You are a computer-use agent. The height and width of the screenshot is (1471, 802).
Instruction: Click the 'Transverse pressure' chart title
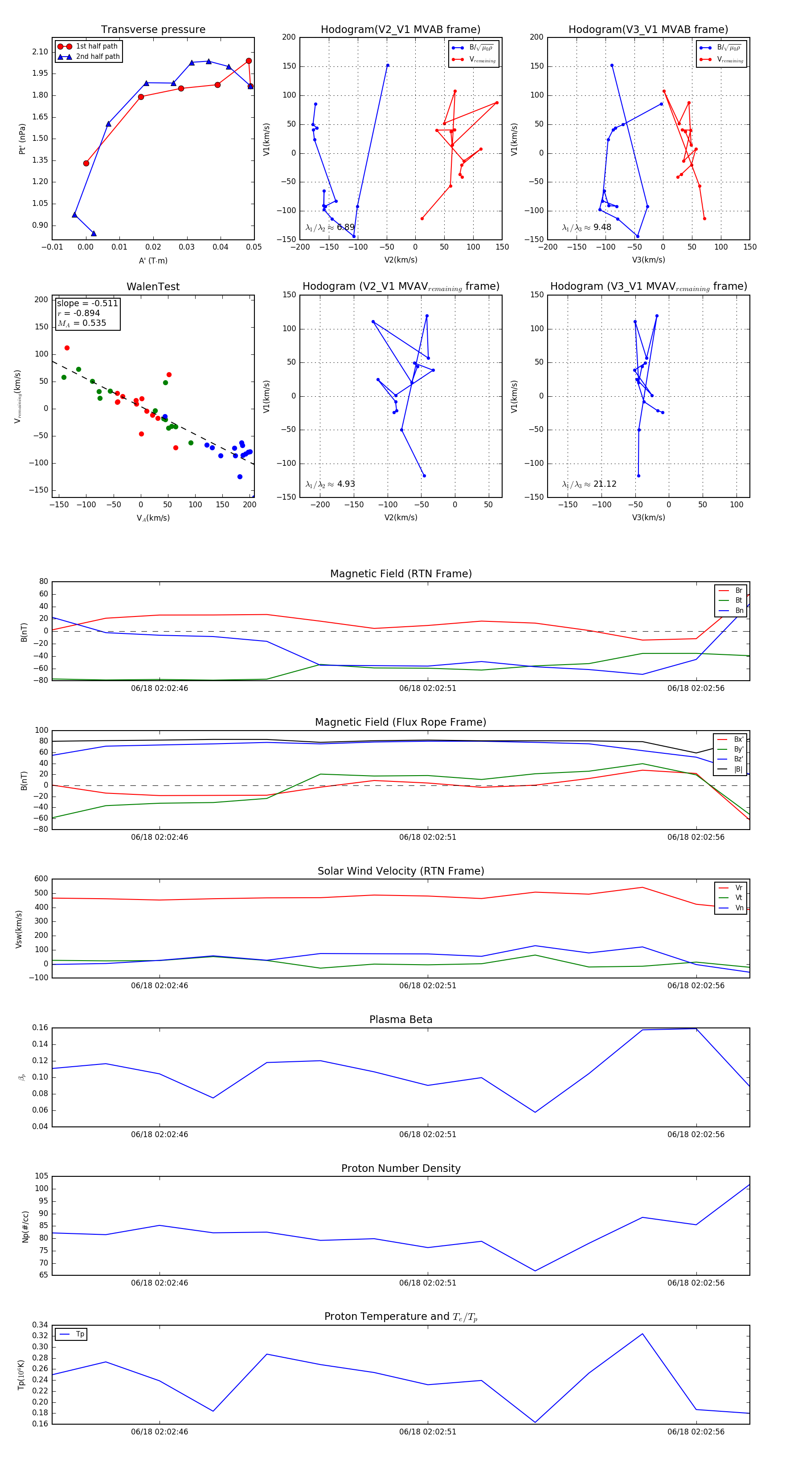(153, 30)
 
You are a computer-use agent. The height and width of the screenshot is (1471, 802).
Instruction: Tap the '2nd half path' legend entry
(98, 57)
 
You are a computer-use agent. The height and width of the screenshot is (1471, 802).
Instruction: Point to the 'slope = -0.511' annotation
(87, 303)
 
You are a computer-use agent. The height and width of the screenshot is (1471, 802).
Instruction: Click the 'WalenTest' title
(153, 287)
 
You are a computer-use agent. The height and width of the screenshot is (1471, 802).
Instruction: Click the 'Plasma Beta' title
(401, 1020)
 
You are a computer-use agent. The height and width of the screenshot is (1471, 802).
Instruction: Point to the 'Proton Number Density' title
(401, 1168)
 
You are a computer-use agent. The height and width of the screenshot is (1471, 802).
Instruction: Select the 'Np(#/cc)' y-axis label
(25, 1227)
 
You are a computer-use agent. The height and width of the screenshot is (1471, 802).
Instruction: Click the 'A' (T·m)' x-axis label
(153, 260)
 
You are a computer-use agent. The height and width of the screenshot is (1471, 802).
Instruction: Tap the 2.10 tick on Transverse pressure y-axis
(40, 52)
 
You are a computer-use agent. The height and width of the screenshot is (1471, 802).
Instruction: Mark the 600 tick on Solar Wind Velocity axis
(41, 879)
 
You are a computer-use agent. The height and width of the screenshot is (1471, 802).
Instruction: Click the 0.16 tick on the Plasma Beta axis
(40, 1028)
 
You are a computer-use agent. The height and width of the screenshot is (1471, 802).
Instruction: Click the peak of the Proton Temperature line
(642, 1334)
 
